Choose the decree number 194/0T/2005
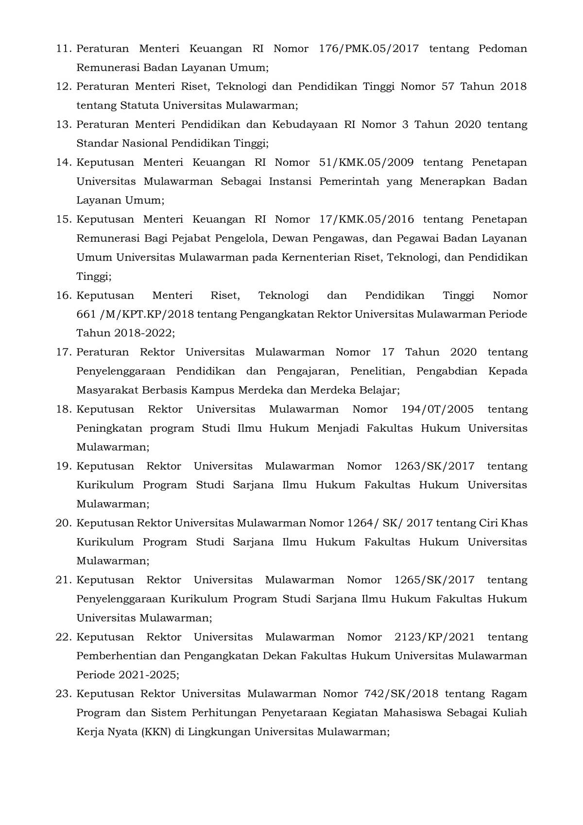point(437,409)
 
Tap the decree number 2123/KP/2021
point(435,637)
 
